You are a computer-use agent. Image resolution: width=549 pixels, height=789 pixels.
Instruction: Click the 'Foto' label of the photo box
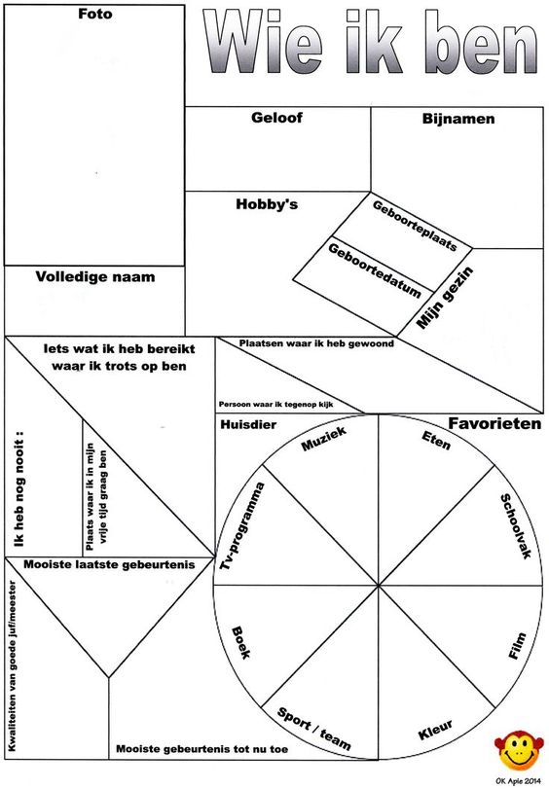pyautogui.click(x=94, y=14)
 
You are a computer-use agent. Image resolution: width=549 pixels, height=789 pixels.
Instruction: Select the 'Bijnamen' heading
pyautogui.click(x=458, y=120)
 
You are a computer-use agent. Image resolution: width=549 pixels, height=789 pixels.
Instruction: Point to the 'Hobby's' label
pyautogui.click(x=267, y=203)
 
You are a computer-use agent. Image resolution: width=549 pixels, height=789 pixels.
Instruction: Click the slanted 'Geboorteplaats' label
pyautogui.click(x=415, y=226)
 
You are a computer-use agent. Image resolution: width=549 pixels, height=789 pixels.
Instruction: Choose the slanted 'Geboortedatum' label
pyautogui.click(x=375, y=270)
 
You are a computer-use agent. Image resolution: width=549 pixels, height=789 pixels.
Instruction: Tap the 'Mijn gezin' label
pyautogui.click(x=445, y=298)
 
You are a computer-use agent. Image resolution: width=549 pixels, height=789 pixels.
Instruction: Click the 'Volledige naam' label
pyautogui.click(x=95, y=276)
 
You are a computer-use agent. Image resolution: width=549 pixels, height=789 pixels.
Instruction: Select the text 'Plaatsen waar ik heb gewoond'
pyautogui.click(x=316, y=343)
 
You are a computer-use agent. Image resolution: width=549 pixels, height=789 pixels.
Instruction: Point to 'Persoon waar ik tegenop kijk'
pyautogui.click(x=275, y=404)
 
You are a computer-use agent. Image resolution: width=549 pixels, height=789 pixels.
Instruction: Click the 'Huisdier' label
pyautogui.click(x=248, y=425)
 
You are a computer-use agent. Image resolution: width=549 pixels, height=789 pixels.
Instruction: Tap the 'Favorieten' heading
pyautogui.click(x=494, y=423)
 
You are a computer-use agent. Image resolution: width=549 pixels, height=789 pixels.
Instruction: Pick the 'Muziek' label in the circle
pyautogui.click(x=324, y=439)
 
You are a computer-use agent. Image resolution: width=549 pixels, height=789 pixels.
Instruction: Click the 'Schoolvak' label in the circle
pyautogui.click(x=516, y=526)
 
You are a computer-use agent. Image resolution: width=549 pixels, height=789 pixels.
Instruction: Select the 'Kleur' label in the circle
pyautogui.click(x=435, y=730)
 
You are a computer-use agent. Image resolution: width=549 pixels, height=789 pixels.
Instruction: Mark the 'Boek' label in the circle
pyautogui.click(x=240, y=642)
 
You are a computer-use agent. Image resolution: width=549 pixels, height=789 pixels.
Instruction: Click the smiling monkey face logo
pyautogui.click(x=519, y=751)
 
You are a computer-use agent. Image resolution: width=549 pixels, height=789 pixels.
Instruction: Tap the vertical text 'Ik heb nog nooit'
pyautogui.click(x=19, y=488)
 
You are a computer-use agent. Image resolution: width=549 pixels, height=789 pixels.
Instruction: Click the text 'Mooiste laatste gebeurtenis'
pyautogui.click(x=109, y=564)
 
